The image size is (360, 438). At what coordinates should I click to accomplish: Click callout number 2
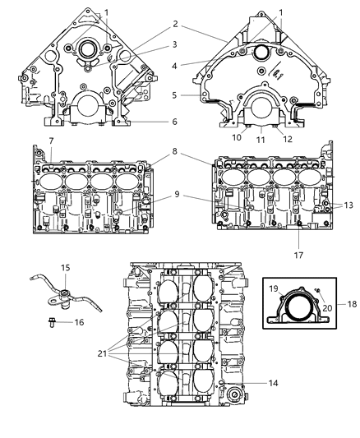174,24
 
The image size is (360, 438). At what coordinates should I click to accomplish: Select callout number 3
174,44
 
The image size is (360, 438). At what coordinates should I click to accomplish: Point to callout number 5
174,95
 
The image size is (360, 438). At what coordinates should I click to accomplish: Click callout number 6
174,122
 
